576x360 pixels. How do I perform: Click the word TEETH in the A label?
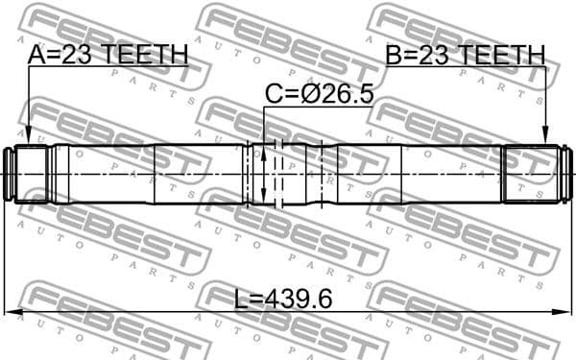point(145,55)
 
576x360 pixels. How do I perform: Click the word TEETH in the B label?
point(504,55)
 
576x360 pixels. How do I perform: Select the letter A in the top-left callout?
point(36,55)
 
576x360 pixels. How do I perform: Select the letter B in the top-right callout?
point(394,55)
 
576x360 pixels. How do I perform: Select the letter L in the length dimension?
point(241,299)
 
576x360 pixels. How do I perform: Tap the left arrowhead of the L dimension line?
point(11,313)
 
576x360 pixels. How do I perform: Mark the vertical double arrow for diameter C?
point(263,174)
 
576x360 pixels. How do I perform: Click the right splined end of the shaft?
point(533,174)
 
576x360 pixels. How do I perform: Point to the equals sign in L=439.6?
point(257,299)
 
